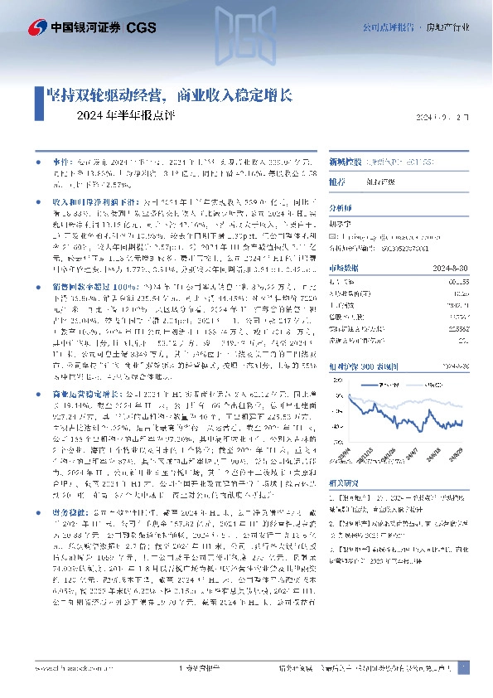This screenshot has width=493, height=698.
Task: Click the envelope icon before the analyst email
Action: click(332, 237)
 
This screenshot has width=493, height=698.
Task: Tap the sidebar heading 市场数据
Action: click(343, 267)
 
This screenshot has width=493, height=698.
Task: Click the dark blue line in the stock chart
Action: click(389, 414)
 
